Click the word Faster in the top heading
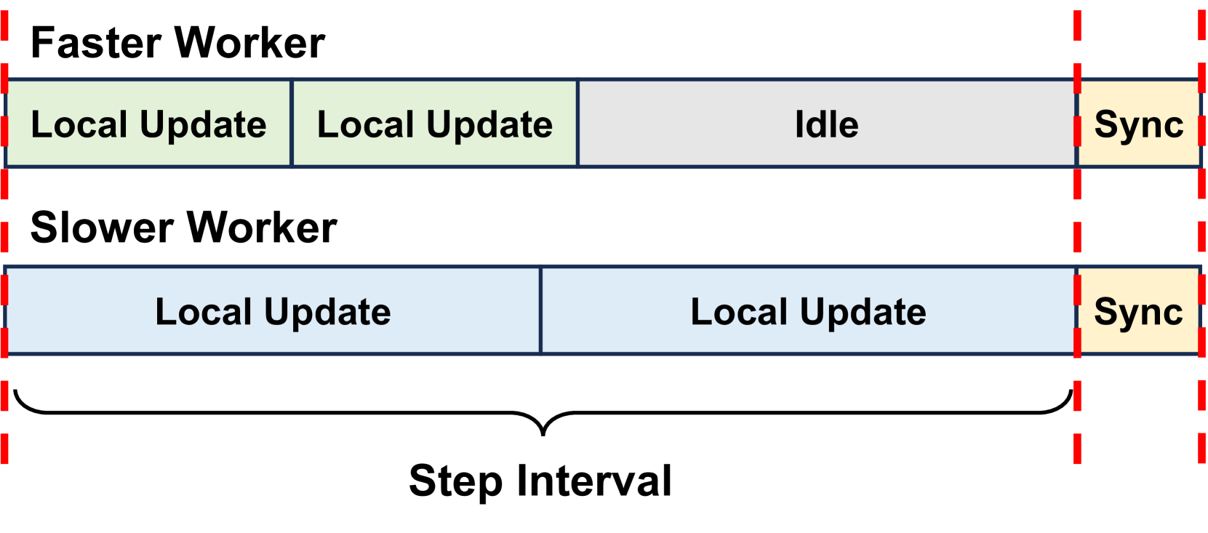click(x=96, y=43)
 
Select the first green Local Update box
click(x=148, y=124)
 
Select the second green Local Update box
click(x=435, y=124)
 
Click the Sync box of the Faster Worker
click(x=1139, y=124)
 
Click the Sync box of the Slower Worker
click(x=1139, y=311)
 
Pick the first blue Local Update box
click(x=273, y=311)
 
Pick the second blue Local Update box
click(x=808, y=311)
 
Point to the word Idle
click(x=827, y=124)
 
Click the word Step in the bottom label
click(x=455, y=481)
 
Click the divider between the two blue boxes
click(x=540, y=311)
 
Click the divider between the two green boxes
click(x=292, y=124)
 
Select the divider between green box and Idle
click(x=578, y=124)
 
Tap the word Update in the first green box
click(x=203, y=125)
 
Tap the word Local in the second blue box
click(x=739, y=312)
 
